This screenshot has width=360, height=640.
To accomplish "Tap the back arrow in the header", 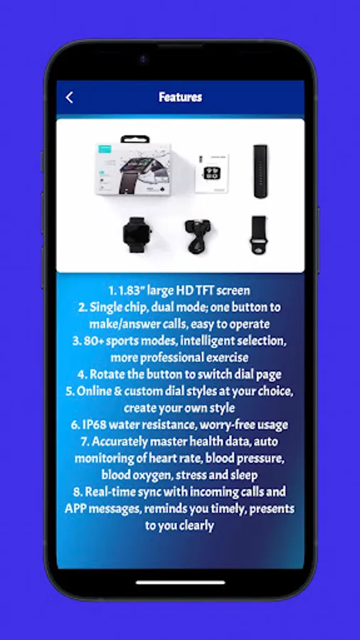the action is coord(70,97).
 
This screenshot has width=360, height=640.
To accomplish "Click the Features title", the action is coord(180,97).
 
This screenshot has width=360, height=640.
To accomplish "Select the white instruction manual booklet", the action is coord(211,173).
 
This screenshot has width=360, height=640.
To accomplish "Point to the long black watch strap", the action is coord(260,171).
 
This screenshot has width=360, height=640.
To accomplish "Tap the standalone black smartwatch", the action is coord(134,234).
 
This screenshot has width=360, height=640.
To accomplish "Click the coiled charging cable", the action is coord(198,235).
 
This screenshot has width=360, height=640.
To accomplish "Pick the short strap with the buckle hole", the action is coord(259,235).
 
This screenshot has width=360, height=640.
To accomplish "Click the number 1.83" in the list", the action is coord(132,291).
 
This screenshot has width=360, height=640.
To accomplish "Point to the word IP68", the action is coord(95,425).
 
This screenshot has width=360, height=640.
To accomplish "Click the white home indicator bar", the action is coord(180,582).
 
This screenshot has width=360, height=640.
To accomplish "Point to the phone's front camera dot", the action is coord(143,60).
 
